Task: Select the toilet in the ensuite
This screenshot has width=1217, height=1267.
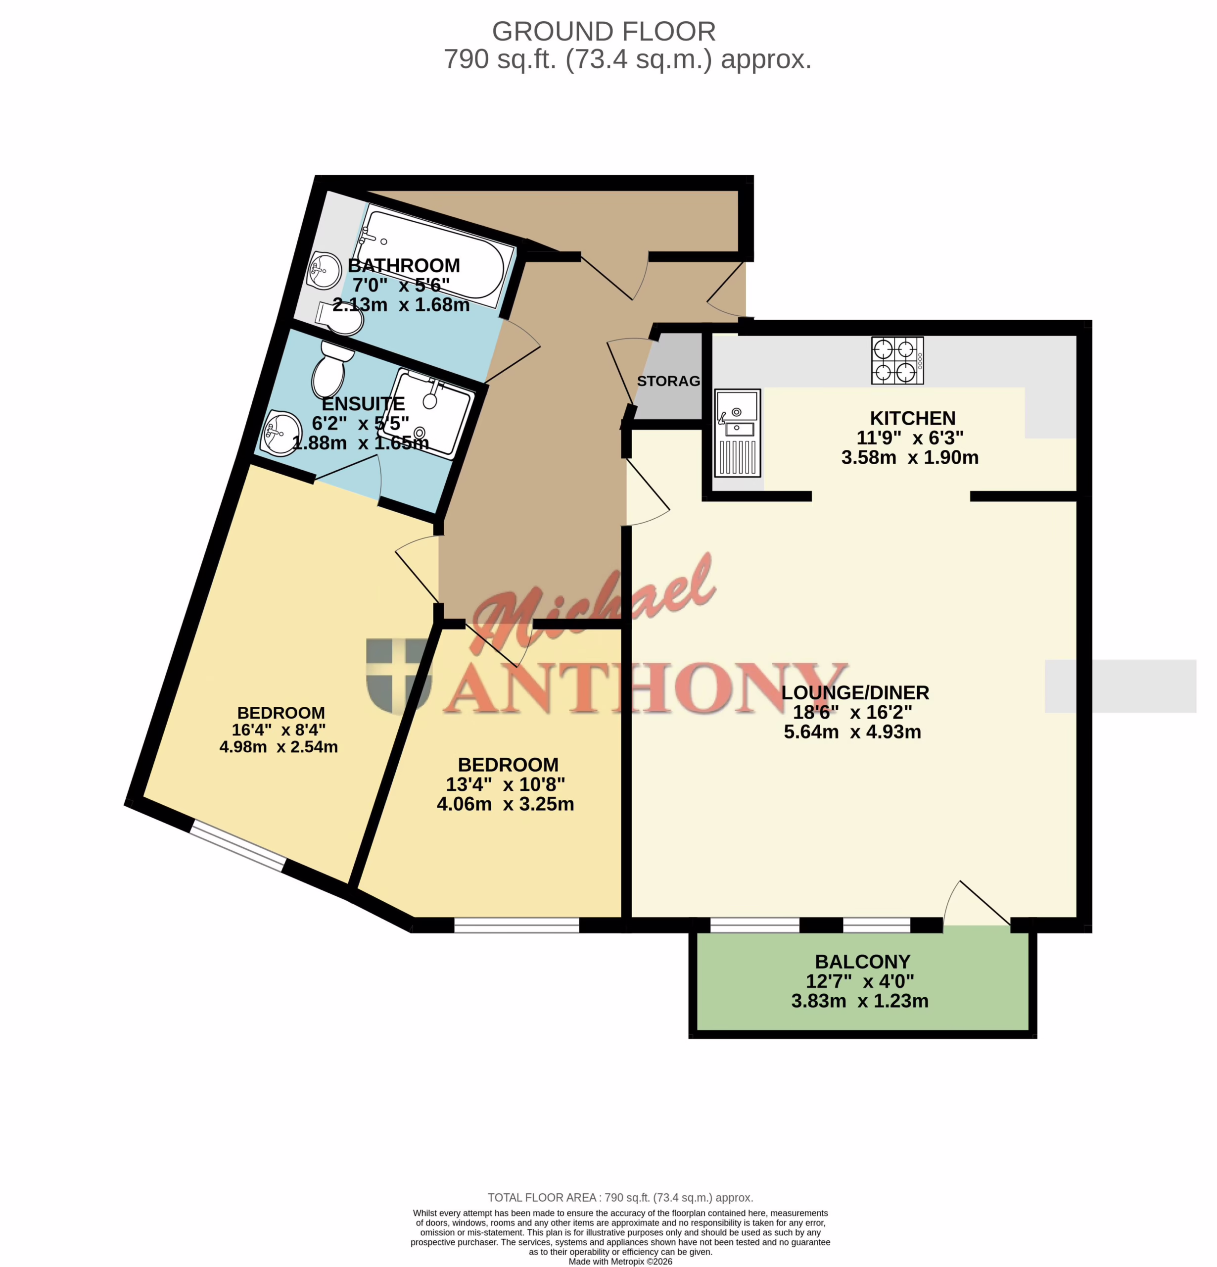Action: [332, 370]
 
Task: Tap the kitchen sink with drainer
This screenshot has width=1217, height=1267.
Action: [738, 433]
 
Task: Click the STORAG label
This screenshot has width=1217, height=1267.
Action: [668, 382]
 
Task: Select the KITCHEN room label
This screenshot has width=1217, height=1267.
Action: [912, 418]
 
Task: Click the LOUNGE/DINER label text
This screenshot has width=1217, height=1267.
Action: [855, 693]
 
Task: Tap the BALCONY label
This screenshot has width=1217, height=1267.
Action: [862, 962]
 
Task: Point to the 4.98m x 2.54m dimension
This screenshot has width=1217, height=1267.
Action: [279, 747]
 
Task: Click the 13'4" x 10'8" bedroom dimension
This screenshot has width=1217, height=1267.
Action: [506, 785]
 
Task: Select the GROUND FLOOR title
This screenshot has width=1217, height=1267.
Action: [604, 31]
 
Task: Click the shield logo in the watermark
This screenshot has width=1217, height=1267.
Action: [399, 676]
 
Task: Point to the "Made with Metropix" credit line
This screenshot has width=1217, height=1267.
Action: [620, 1261]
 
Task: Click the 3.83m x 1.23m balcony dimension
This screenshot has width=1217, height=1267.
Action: [860, 1001]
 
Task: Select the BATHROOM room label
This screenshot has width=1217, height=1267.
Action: [404, 266]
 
